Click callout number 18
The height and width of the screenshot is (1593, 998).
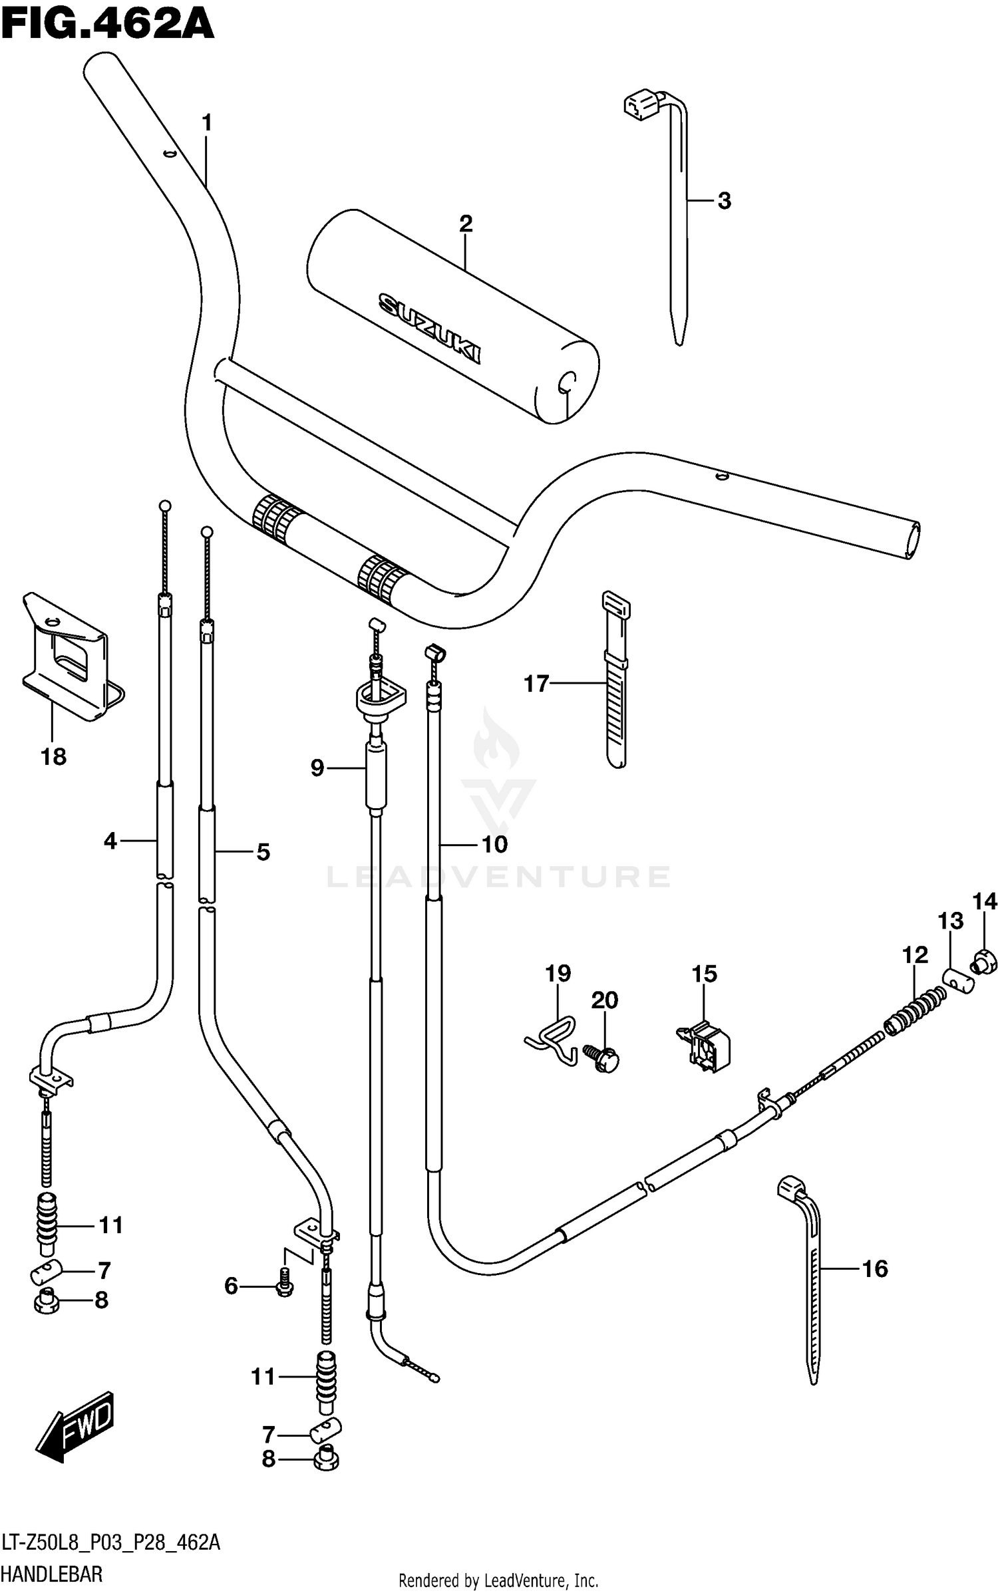click(x=53, y=756)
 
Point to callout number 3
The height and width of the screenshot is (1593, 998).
click(x=724, y=200)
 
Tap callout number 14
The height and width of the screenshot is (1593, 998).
click(x=984, y=902)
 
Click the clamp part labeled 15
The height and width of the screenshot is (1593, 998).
click(x=705, y=1048)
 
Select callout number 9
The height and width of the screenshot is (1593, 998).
click(x=317, y=768)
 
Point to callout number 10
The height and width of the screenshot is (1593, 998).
click(x=494, y=844)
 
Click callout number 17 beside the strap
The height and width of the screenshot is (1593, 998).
click(x=536, y=683)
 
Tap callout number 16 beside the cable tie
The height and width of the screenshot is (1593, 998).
click(x=875, y=1269)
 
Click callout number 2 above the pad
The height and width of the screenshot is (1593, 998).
click(x=465, y=223)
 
